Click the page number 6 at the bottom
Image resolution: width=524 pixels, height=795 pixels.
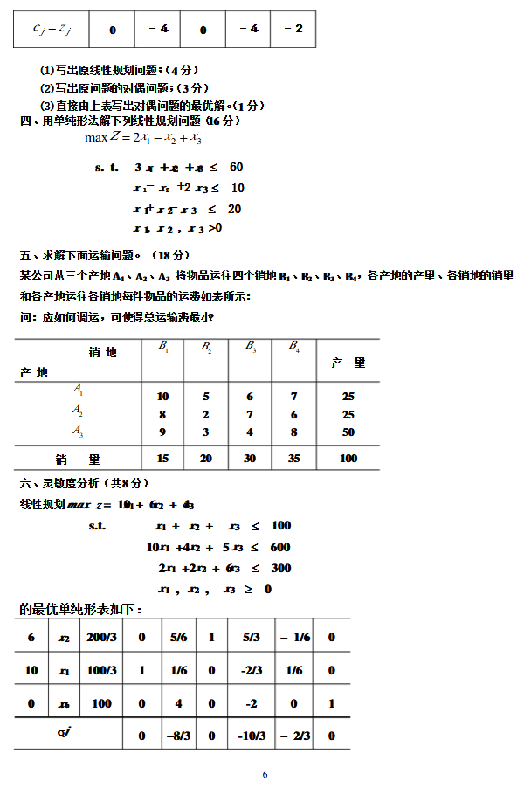coord(265,774)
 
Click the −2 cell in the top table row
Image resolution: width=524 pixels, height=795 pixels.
coord(293,30)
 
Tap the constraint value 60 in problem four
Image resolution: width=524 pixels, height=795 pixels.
coord(236,167)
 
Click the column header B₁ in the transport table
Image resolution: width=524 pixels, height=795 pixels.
coord(163,347)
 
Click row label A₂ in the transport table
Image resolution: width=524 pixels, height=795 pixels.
coord(78,409)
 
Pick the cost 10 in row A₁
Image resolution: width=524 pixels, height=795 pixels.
coord(162,396)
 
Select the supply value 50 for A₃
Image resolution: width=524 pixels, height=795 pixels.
coord(348,432)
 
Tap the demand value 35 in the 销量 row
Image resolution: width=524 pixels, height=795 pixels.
coord(293,458)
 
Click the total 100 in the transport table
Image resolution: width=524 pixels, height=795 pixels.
coord(348,458)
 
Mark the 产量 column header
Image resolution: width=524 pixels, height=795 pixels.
coord(348,362)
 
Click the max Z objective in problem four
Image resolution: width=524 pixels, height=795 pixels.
coord(143,138)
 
